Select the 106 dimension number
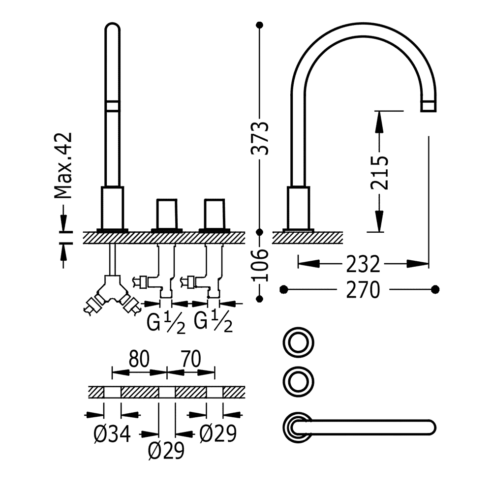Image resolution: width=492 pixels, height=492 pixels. pos(260,265)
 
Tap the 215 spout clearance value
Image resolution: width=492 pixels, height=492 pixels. pos(379,172)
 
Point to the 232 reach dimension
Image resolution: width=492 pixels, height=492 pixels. pos(363,264)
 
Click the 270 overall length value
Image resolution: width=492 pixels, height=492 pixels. pos(363,290)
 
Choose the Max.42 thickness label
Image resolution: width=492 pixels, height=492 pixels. pos(63,166)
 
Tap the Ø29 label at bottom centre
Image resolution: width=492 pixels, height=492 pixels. pos(166,451)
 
